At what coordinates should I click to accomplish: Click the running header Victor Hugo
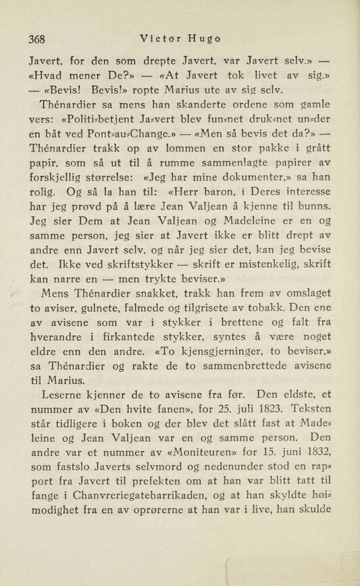pyautogui.click(x=182, y=38)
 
